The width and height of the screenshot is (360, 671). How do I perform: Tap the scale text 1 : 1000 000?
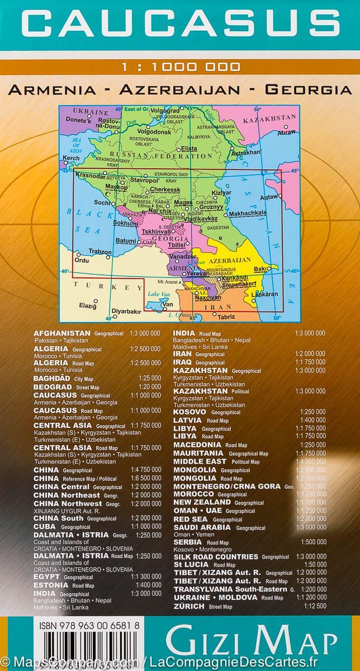tap(180, 67)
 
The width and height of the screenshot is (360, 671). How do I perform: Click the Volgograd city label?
tap(163, 110)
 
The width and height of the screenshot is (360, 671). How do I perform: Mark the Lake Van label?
tap(154, 294)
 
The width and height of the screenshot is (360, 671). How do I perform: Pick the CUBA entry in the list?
tap(45, 526)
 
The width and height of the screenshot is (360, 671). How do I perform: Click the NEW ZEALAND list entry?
tap(202, 503)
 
